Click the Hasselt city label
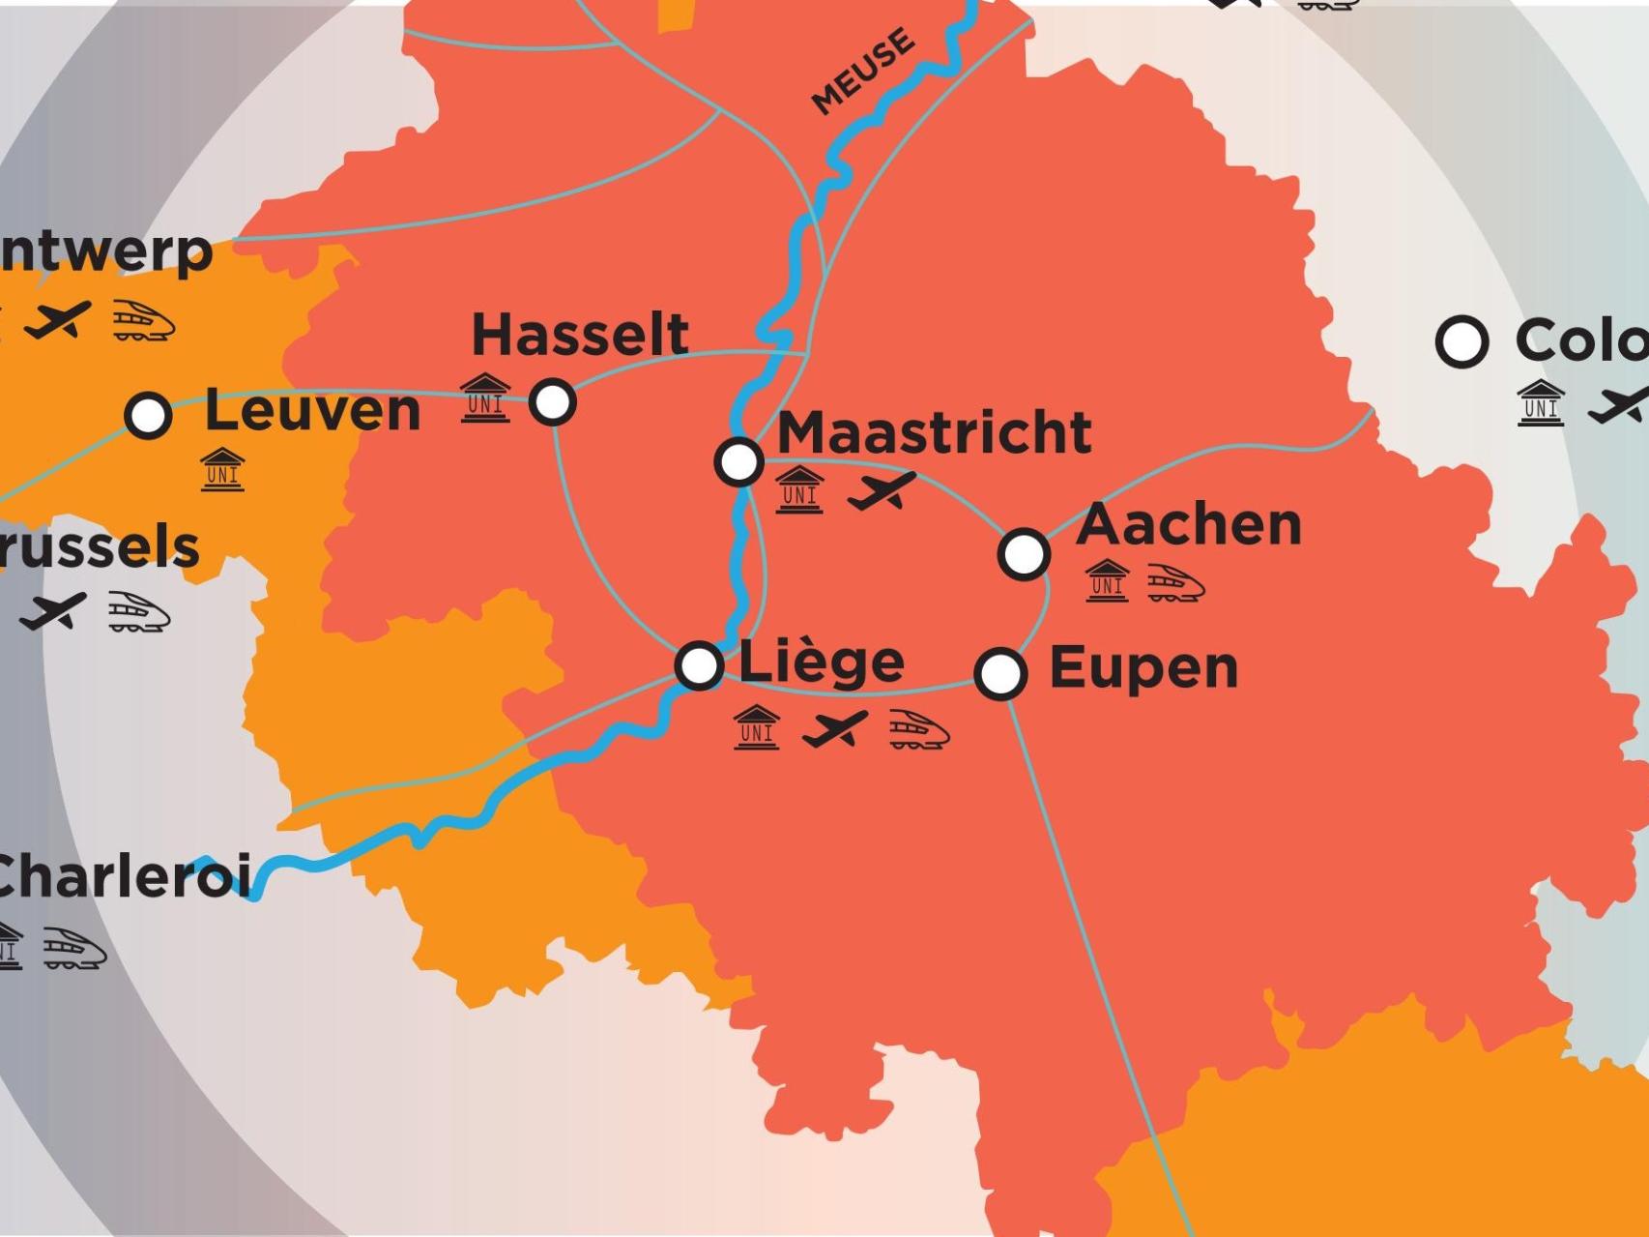click(x=580, y=335)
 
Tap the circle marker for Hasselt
click(x=553, y=400)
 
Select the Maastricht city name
click(x=934, y=432)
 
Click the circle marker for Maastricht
click(x=738, y=461)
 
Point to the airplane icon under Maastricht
click(x=881, y=490)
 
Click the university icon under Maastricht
click(x=799, y=489)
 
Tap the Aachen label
click(x=1188, y=525)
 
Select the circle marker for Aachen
click(x=1024, y=553)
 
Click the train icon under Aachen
click(x=1175, y=583)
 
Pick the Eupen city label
click(x=1143, y=668)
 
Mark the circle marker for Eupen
click(x=1000, y=672)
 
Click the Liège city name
click(x=822, y=663)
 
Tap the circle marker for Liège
click(x=699, y=665)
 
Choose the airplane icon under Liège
click(x=834, y=729)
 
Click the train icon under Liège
click(x=918, y=729)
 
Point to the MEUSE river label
click(x=862, y=72)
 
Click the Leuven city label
click(x=312, y=411)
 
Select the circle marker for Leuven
click(x=148, y=415)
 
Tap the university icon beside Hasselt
click(x=485, y=397)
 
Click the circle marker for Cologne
click(x=1461, y=340)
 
